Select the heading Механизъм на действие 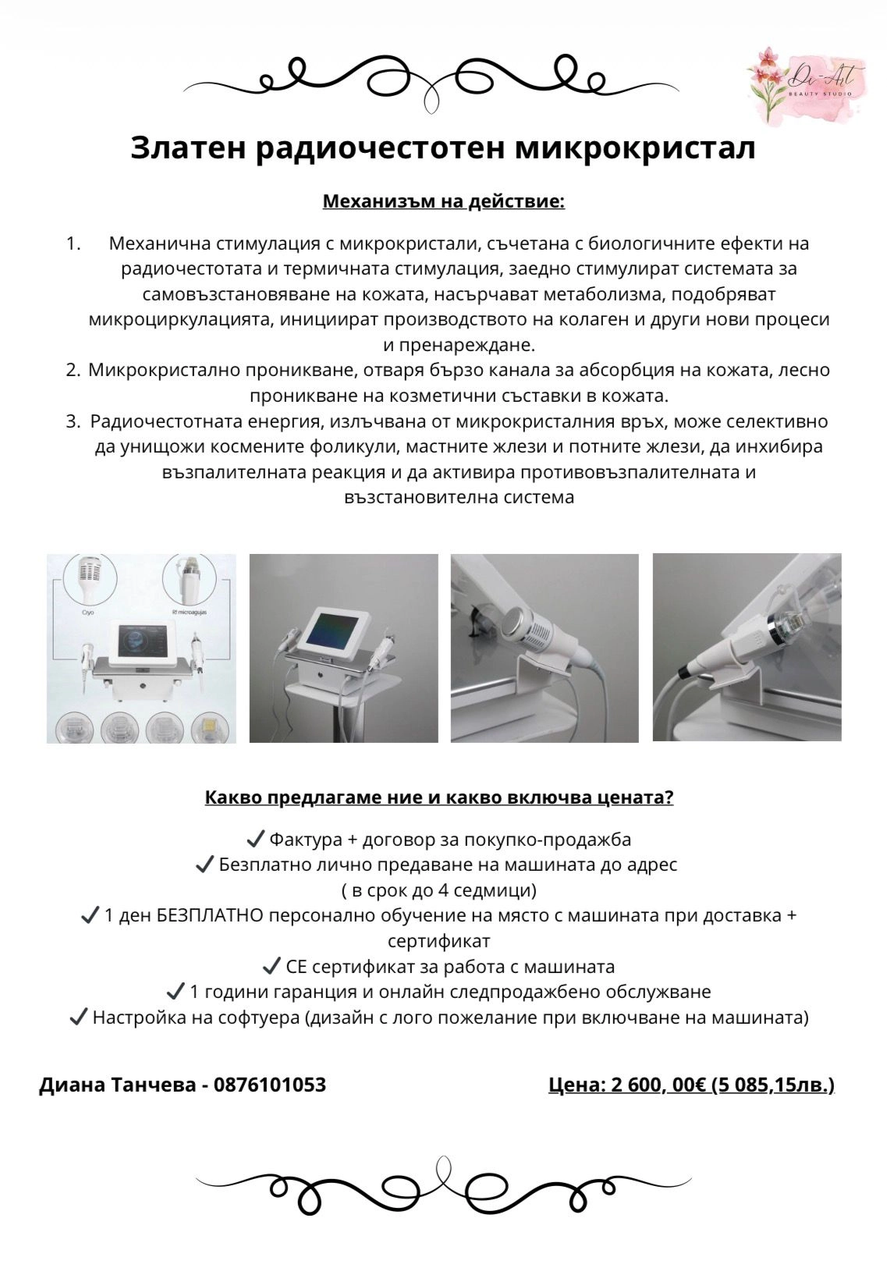coord(443,202)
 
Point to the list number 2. coord(73,370)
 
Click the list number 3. coord(73,421)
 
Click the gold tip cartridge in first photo coord(207,727)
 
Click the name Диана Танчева coord(117,1085)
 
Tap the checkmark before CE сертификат coord(271,967)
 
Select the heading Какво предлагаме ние coord(438,797)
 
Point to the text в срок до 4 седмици coord(438,890)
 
